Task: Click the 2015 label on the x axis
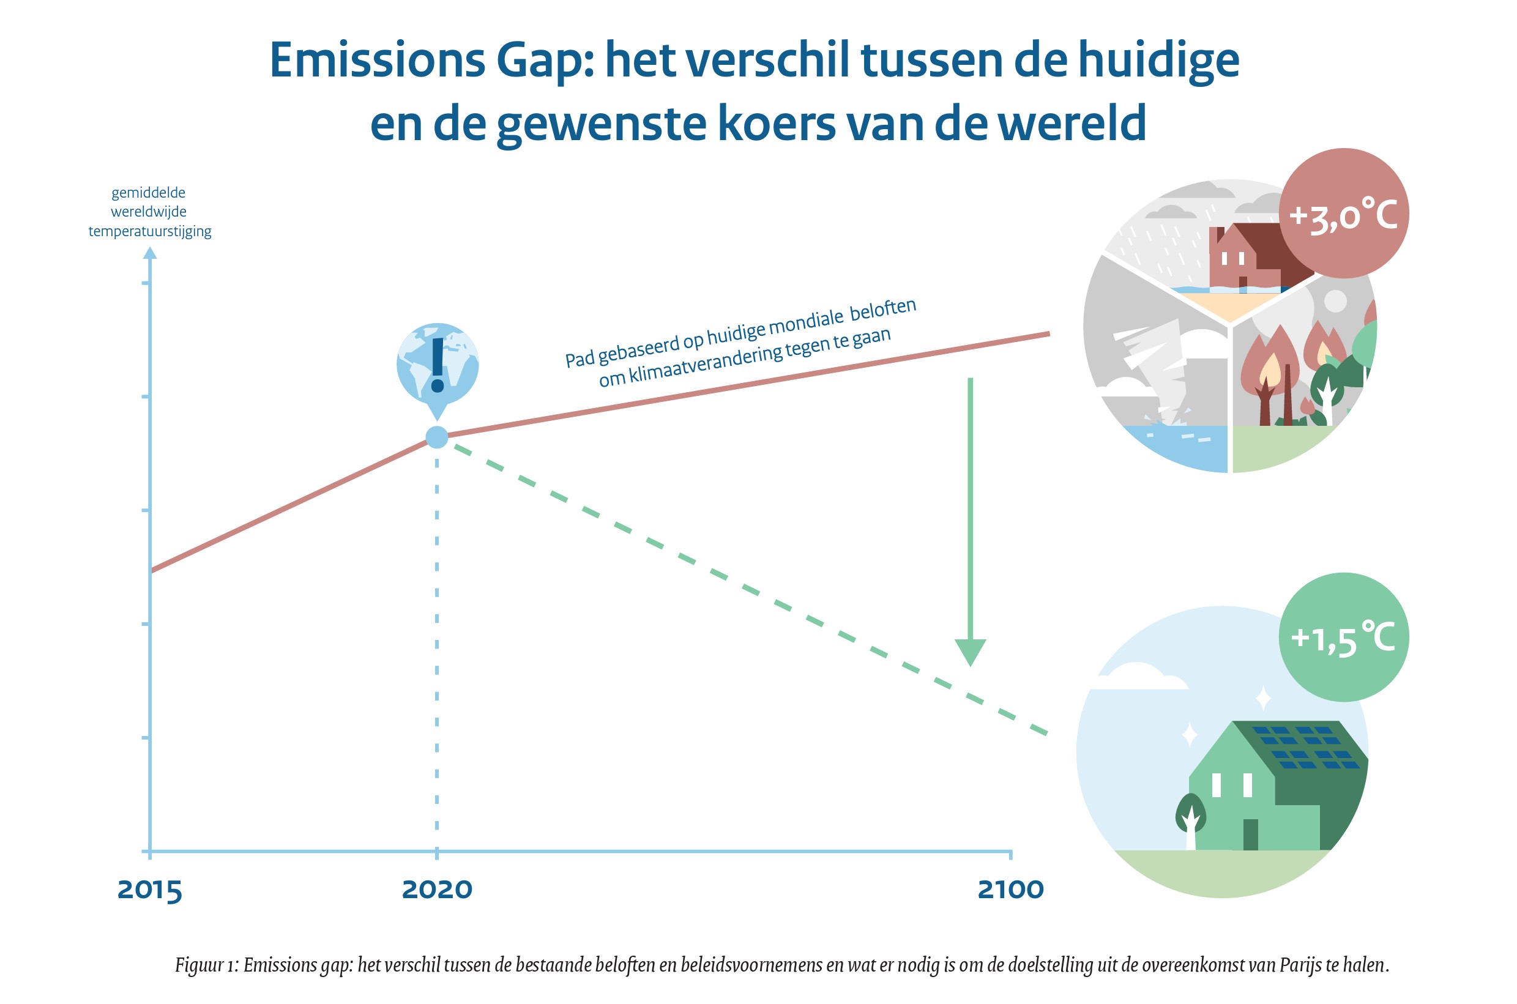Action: click(x=150, y=890)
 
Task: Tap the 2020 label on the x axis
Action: click(x=437, y=890)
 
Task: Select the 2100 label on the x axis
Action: click(x=1010, y=890)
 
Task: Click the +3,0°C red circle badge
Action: click(x=1343, y=214)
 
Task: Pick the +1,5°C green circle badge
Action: click(x=1343, y=638)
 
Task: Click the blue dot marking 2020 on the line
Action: click(x=437, y=437)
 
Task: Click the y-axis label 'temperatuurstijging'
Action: click(x=150, y=231)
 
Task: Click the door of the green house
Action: click(x=1250, y=835)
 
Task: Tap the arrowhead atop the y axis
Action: click(x=150, y=253)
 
